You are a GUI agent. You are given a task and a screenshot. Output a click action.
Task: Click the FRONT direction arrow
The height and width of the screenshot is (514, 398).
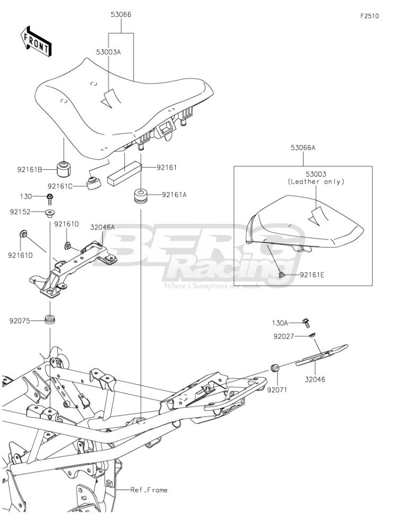tap(36, 41)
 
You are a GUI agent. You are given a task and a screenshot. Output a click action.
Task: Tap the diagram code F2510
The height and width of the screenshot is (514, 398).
tap(370, 16)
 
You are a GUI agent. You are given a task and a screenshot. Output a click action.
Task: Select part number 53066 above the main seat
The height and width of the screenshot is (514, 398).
tap(121, 14)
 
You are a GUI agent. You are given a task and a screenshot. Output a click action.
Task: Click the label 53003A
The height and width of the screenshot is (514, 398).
tap(108, 52)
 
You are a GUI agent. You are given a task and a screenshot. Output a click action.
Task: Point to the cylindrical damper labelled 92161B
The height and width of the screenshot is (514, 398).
tap(64, 169)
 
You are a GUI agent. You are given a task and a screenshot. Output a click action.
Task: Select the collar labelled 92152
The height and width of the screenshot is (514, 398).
tap(50, 213)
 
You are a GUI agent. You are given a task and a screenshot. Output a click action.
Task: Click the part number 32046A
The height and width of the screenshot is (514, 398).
tap(102, 227)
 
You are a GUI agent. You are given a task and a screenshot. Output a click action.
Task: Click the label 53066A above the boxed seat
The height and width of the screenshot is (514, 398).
tap(303, 147)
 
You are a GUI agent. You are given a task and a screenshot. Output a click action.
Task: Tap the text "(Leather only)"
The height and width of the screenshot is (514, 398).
tap(316, 181)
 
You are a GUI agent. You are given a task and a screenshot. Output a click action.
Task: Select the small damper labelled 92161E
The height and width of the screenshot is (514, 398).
tap(281, 275)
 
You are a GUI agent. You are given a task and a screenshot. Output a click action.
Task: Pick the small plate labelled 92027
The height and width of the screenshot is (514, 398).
tap(312, 335)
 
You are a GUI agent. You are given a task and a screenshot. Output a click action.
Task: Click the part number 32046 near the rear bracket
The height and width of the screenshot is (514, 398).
tap(315, 379)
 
